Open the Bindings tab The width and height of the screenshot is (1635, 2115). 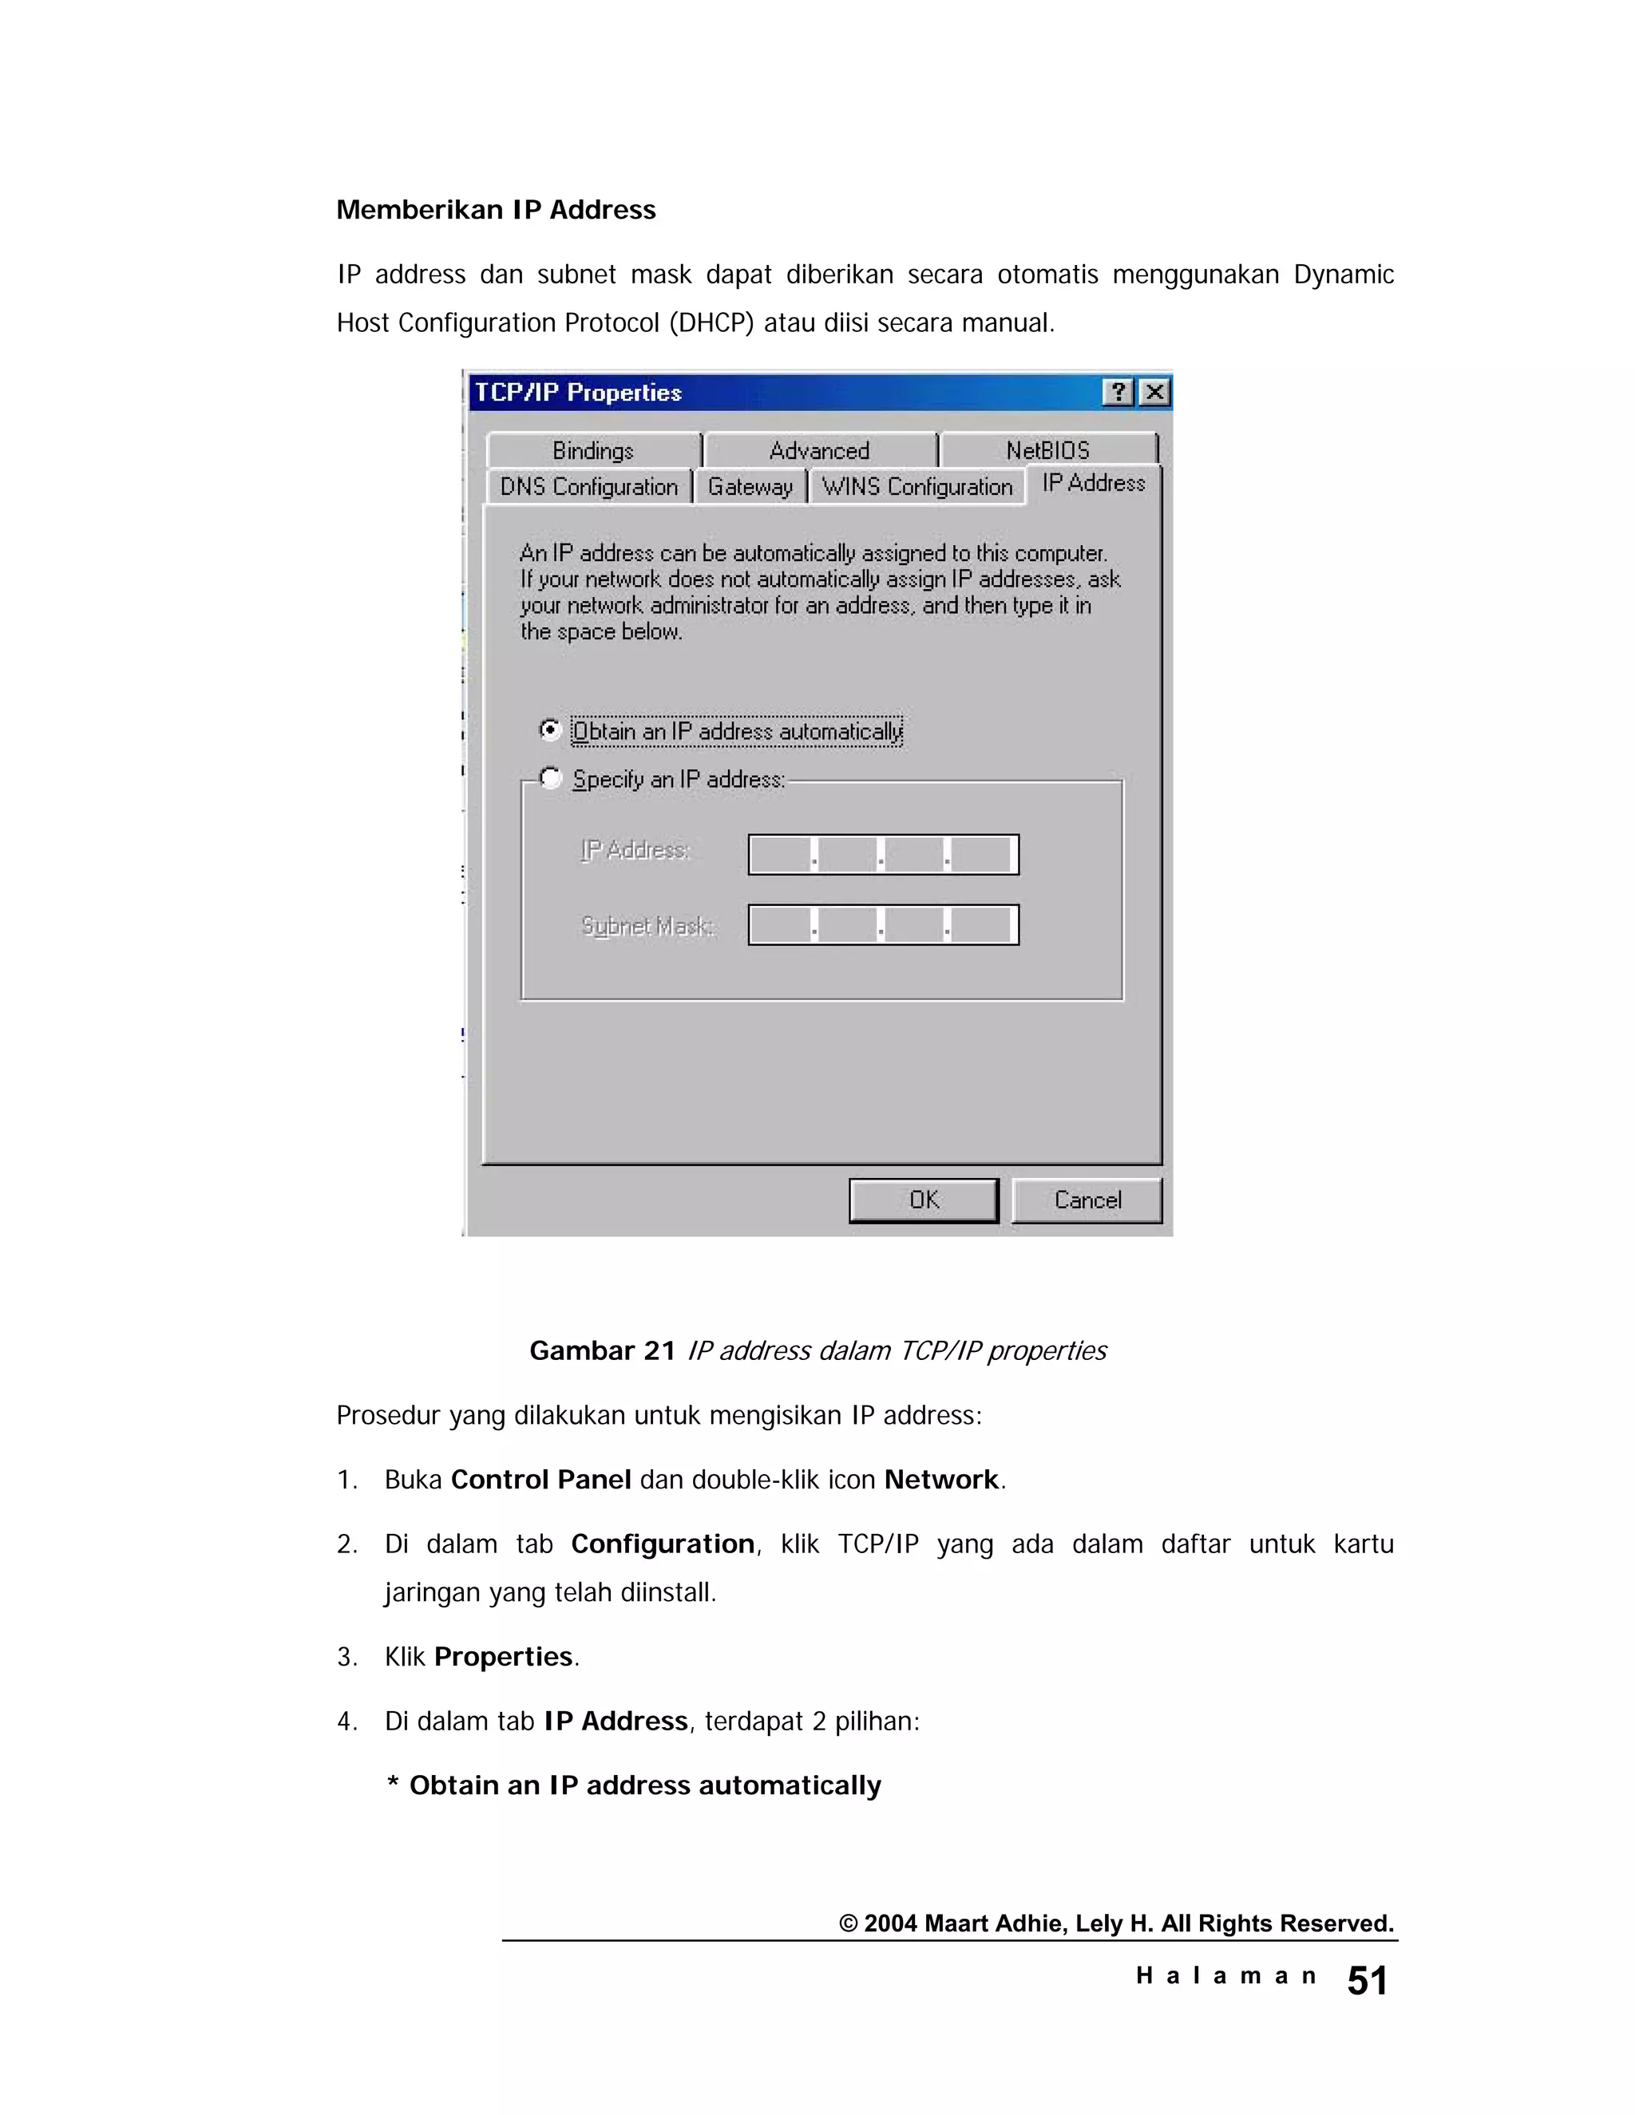593,450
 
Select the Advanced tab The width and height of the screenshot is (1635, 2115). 819,450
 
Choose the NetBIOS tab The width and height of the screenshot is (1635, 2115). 1048,450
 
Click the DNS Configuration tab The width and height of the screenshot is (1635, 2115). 589,486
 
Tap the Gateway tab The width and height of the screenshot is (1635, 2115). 750,486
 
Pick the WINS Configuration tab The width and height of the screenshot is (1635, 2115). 916,486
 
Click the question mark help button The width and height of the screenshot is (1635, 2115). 1118,392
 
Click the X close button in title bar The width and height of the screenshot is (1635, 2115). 1154,392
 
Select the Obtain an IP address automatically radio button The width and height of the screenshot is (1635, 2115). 550,729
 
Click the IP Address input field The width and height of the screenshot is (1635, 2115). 882,854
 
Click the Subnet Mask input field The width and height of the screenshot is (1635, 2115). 882,925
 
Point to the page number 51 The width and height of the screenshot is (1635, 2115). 1367,1980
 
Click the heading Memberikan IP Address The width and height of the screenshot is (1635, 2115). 496,209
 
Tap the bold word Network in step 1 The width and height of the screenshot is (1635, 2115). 940,1480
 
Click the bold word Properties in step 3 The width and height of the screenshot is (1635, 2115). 503,1657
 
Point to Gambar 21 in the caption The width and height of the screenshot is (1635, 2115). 601,1351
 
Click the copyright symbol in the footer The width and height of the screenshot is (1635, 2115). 849,1924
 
